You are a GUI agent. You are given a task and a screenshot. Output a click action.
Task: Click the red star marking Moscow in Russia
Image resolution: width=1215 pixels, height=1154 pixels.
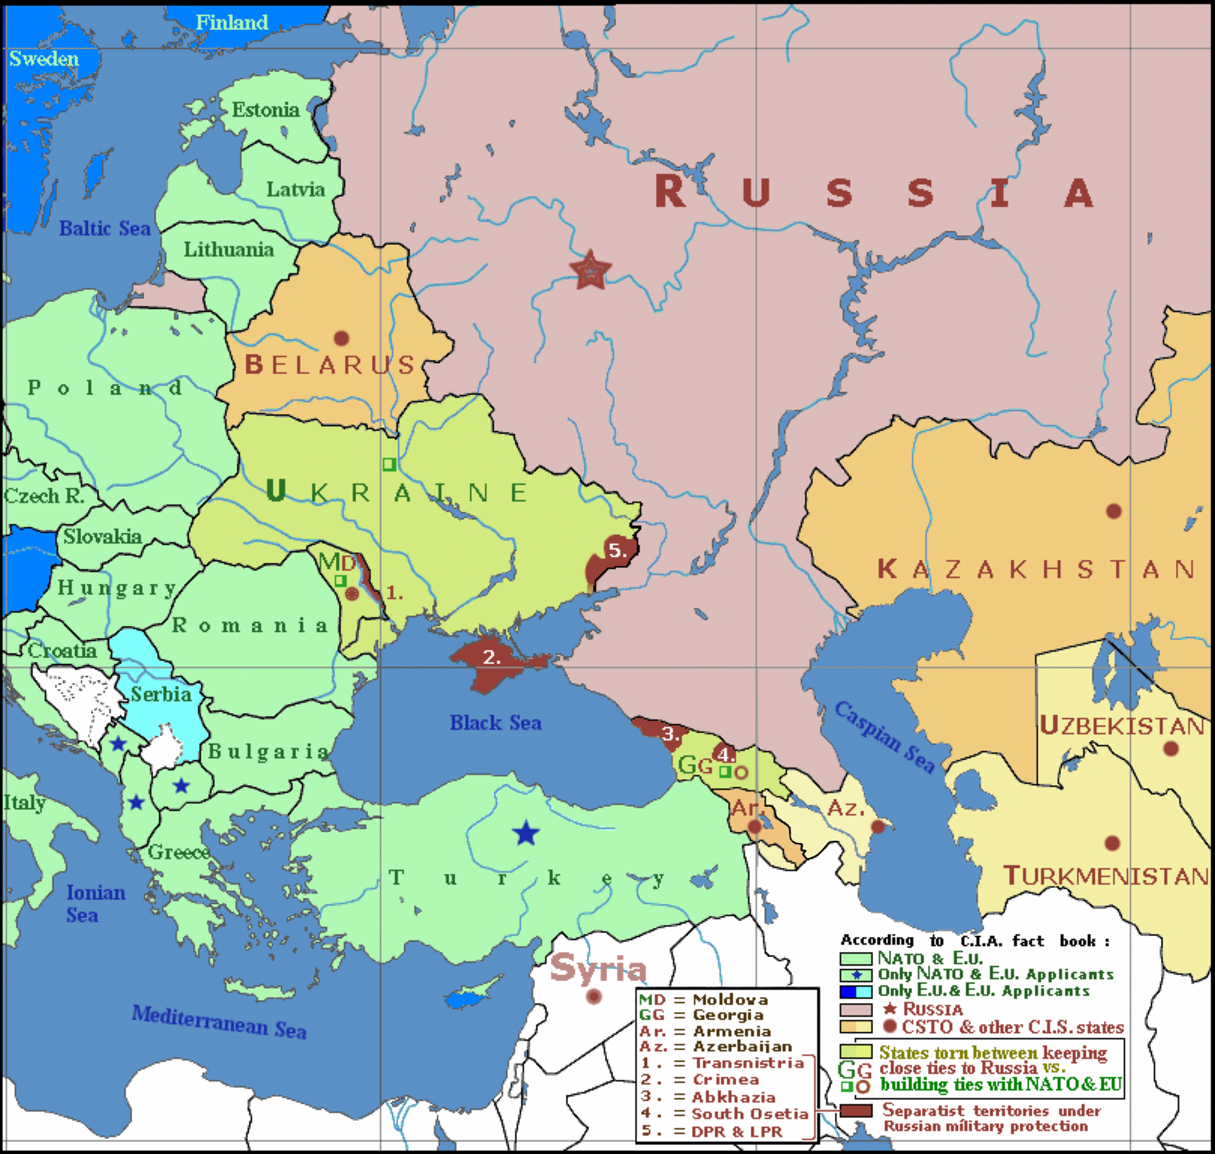point(590,269)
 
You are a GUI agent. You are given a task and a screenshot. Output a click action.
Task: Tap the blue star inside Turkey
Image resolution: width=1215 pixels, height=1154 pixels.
point(526,833)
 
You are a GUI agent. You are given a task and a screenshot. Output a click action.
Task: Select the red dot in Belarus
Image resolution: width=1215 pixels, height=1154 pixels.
point(341,338)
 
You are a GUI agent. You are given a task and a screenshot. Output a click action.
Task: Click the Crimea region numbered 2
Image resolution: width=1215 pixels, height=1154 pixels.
point(492,658)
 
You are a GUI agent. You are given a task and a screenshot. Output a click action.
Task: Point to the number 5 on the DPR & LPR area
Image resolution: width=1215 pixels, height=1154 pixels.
point(617,550)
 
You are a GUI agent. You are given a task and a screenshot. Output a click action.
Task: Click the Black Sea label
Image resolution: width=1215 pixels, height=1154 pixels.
point(495,723)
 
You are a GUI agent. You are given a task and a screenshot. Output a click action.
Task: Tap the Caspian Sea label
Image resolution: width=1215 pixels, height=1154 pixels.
point(885,738)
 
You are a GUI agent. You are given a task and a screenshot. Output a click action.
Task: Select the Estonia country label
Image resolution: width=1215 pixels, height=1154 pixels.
point(265,110)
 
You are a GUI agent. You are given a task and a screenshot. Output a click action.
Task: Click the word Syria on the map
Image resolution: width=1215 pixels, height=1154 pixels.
point(597,968)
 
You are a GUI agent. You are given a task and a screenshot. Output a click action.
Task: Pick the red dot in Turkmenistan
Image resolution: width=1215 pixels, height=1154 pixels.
point(1112,843)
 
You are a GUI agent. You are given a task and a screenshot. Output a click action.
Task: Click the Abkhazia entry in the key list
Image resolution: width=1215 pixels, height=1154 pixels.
point(733,1097)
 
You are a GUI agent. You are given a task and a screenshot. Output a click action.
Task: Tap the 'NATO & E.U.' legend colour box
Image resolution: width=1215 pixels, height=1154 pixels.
point(855,959)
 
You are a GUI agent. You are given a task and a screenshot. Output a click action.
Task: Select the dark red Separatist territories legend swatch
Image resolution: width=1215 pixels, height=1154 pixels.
point(855,1110)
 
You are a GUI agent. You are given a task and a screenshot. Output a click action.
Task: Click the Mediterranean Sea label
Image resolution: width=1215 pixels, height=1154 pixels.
point(219,1022)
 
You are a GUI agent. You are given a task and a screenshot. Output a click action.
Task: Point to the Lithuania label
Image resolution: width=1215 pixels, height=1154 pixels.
point(228,249)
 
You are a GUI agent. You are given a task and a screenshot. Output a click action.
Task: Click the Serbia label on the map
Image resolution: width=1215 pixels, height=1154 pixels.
point(161,694)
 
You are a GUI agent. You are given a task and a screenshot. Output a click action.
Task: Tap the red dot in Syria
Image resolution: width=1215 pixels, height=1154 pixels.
point(594,996)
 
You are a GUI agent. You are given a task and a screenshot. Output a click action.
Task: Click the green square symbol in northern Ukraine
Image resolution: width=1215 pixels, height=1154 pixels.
point(388,464)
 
